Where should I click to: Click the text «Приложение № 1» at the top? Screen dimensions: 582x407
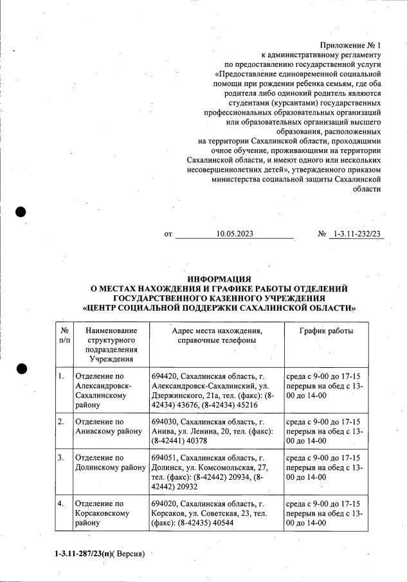(x=350, y=45)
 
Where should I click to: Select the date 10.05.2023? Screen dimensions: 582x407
(x=235, y=234)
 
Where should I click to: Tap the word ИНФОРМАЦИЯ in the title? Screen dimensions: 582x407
(x=219, y=279)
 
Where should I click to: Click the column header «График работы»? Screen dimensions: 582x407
(x=326, y=331)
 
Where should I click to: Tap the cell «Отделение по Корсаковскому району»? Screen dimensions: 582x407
(x=103, y=513)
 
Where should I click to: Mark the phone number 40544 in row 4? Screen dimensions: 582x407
(x=221, y=523)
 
